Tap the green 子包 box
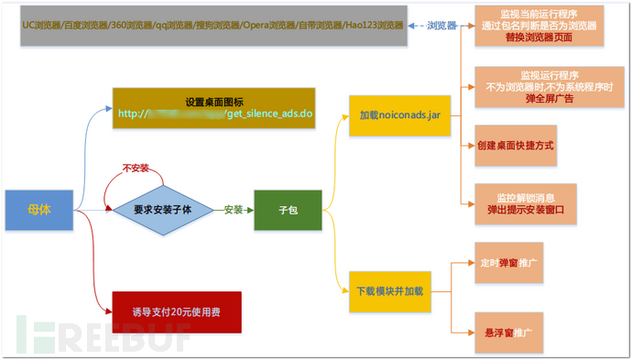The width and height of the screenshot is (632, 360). coord(288,210)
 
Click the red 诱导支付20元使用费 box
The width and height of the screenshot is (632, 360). coord(176,312)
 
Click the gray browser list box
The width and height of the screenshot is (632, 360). coord(212,26)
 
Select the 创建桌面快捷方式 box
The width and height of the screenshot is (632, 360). coord(516,146)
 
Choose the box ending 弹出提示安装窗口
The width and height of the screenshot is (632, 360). coord(525,203)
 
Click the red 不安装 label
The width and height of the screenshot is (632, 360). coord(136,169)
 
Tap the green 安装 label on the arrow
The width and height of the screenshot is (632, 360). coord(234,210)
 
